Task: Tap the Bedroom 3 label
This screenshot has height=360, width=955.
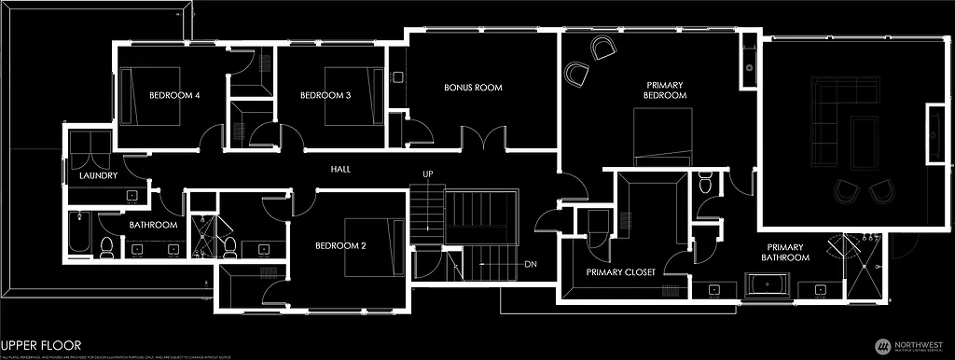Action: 325,95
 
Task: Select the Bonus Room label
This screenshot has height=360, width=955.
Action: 473,88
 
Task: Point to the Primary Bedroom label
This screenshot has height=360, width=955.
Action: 666,90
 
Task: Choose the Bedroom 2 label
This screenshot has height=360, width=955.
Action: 339,245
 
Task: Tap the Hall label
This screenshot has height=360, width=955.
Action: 340,170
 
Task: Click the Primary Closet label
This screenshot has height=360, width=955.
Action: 620,272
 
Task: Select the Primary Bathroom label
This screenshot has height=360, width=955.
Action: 785,252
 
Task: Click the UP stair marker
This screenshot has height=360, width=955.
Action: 428,174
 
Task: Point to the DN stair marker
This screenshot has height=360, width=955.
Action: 531,263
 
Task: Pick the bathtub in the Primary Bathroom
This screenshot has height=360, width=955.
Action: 768,285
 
